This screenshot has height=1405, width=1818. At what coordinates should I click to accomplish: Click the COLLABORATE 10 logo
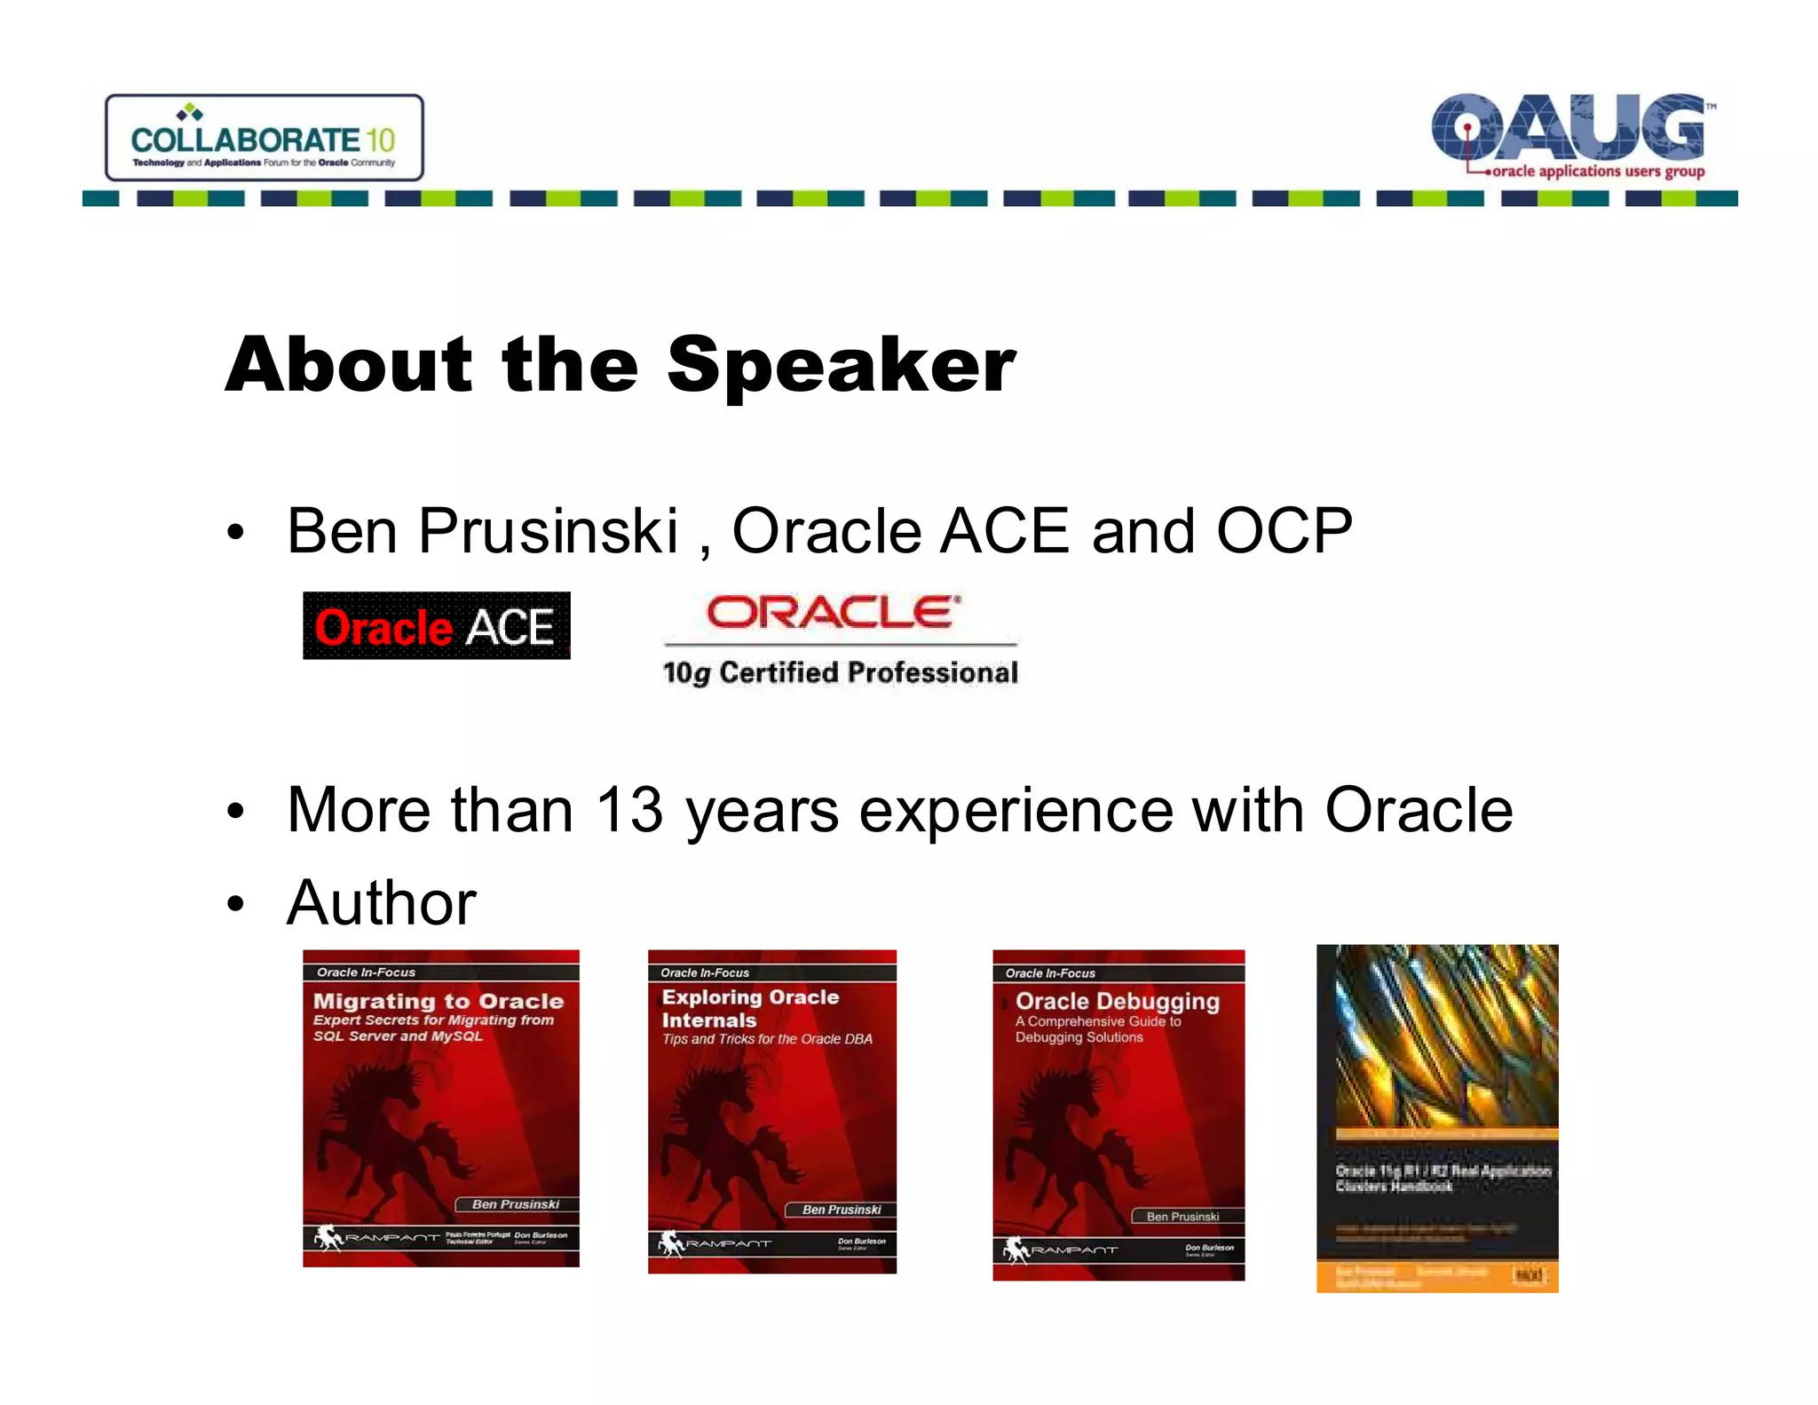tap(264, 139)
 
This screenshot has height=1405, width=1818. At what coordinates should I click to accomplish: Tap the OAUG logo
tap(1569, 134)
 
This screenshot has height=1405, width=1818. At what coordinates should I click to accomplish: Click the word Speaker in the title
tap(840, 365)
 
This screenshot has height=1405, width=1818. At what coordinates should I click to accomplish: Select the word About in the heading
tap(349, 365)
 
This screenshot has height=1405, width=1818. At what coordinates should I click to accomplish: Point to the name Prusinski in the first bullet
tap(548, 531)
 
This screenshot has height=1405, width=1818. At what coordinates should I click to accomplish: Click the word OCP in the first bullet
tap(1284, 531)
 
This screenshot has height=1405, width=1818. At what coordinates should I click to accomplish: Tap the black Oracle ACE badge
tap(436, 626)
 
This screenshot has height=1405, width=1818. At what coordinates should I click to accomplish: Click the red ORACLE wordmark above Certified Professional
tap(833, 613)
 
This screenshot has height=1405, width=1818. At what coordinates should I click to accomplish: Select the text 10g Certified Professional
tap(840, 673)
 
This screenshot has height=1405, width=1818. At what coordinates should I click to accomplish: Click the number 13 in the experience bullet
tap(628, 810)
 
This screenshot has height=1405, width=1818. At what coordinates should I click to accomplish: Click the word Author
tap(381, 903)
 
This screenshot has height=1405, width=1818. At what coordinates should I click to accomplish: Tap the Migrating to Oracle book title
tap(439, 1001)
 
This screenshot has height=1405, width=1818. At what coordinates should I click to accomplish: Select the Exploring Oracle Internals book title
tap(749, 1008)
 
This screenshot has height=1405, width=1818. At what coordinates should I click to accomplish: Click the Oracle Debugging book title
tap(1117, 1002)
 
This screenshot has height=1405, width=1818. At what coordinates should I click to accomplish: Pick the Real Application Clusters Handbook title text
tap(1442, 1178)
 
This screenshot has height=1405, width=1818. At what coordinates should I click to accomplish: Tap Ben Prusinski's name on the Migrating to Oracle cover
tap(516, 1204)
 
